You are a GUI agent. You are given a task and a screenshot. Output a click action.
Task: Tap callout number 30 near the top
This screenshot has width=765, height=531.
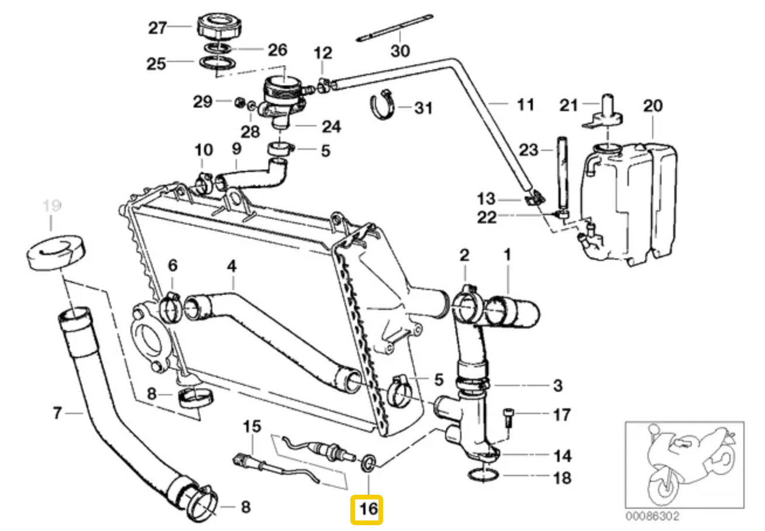coord(401,51)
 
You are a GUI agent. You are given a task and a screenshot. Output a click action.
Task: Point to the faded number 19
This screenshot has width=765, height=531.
coord(51,206)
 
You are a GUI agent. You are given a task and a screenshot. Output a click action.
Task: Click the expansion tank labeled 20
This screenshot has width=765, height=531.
coord(629,202)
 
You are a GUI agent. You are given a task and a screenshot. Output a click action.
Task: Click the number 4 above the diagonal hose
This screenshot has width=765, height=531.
coord(232,266)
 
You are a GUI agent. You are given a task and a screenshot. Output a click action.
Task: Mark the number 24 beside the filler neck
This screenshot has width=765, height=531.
coord(331,126)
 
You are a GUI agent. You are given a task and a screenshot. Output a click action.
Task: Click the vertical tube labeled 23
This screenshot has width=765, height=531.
coord(563,175)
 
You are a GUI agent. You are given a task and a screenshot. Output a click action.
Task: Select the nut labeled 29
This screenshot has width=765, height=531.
coord(239,103)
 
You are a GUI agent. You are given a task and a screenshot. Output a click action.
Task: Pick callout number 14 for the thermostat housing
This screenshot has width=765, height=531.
coord(562,455)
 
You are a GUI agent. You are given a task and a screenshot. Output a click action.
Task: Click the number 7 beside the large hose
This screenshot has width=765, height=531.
coord(57,413)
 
